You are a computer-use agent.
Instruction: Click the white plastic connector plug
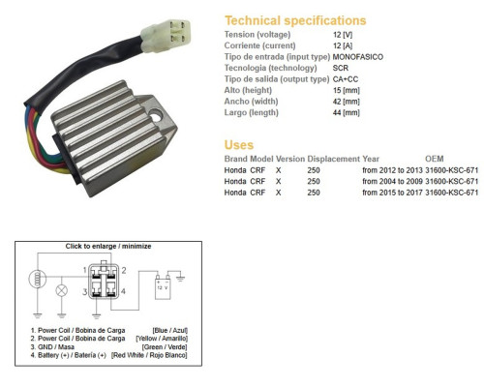[166, 36]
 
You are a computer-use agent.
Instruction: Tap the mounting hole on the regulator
[156, 116]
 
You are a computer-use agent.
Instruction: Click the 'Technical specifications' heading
[295, 20]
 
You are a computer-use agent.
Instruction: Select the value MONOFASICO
[358, 57]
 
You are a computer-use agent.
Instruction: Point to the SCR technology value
[341, 68]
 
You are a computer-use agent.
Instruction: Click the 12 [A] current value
[343, 45]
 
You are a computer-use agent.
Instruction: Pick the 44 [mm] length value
[346, 112]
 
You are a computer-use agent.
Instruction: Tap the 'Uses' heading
[239, 145]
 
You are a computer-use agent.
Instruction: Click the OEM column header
[435, 159]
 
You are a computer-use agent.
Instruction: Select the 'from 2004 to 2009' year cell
[392, 181]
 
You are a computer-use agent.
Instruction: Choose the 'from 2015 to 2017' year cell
[392, 193]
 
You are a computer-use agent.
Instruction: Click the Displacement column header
[333, 159]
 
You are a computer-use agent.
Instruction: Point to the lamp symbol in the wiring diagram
[62, 290]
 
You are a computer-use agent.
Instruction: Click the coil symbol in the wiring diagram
[38, 279]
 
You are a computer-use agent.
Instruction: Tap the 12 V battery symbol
[163, 286]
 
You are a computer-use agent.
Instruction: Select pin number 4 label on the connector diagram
[123, 291]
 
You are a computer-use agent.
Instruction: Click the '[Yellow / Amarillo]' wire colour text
[162, 339]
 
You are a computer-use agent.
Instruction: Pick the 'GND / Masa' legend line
[52, 347]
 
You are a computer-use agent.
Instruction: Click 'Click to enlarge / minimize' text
[108, 246]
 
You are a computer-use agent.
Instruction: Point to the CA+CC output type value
[346, 79]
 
